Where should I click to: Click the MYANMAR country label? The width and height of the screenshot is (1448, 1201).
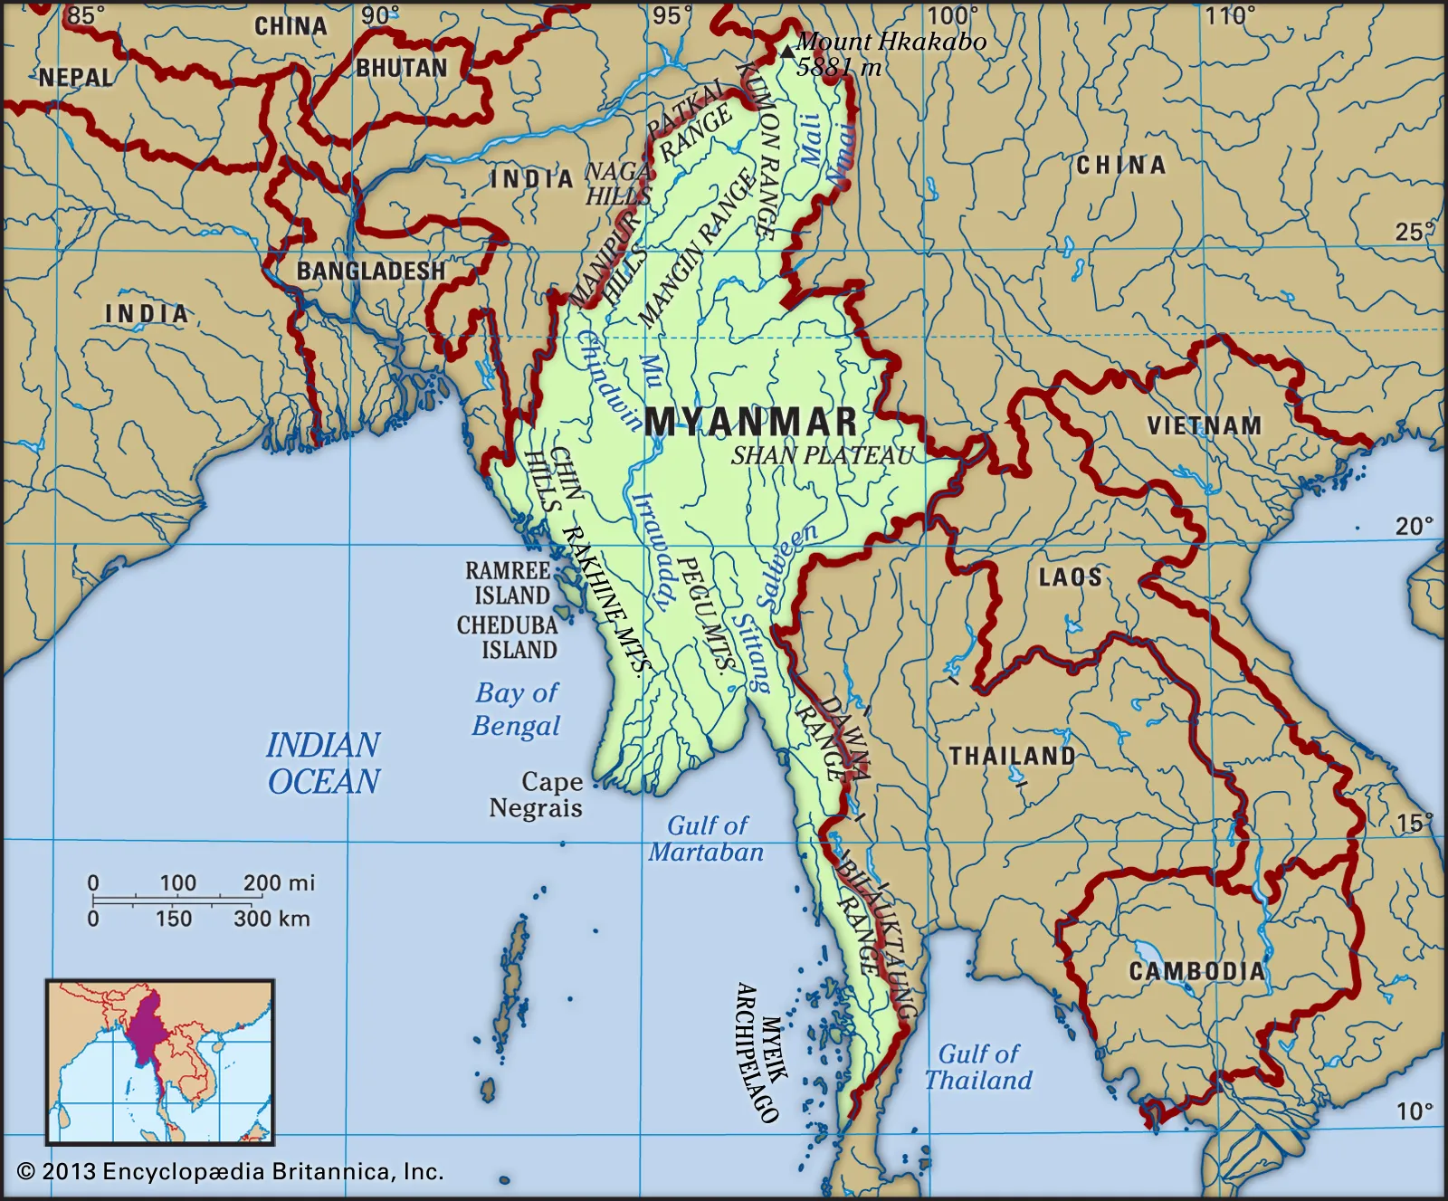pos(751,422)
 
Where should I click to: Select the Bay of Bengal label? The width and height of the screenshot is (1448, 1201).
pos(517,710)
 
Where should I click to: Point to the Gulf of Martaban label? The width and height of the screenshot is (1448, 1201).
pos(707,839)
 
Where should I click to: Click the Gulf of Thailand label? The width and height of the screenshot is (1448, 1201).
pos(978,1067)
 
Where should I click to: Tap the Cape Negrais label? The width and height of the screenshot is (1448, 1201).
pos(538,795)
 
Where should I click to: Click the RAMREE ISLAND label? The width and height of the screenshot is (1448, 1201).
pos(509,583)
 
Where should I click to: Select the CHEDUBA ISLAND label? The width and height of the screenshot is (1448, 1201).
pos(507,637)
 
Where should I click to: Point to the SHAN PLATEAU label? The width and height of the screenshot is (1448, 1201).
pos(823,455)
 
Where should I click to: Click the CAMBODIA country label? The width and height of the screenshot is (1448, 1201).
pos(1196,972)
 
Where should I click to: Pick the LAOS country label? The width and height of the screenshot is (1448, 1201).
pos(1070,577)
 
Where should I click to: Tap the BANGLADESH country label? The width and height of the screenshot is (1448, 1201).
pos(371,271)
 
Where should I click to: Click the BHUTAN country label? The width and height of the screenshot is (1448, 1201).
pos(402,69)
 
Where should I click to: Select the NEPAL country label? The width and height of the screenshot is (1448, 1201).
pos(76,78)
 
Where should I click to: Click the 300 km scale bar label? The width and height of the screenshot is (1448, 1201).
pos(271,919)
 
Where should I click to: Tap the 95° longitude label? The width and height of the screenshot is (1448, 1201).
pos(672,15)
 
